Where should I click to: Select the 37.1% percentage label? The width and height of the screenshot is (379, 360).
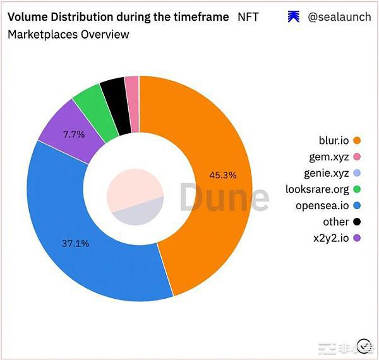click(x=75, y=243)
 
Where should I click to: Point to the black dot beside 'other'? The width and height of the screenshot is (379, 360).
click(x=357, y=222)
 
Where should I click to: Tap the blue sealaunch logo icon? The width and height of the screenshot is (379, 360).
click(x=293, y=17)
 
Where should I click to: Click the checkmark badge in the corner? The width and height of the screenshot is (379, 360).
click(x=364, y=345)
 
